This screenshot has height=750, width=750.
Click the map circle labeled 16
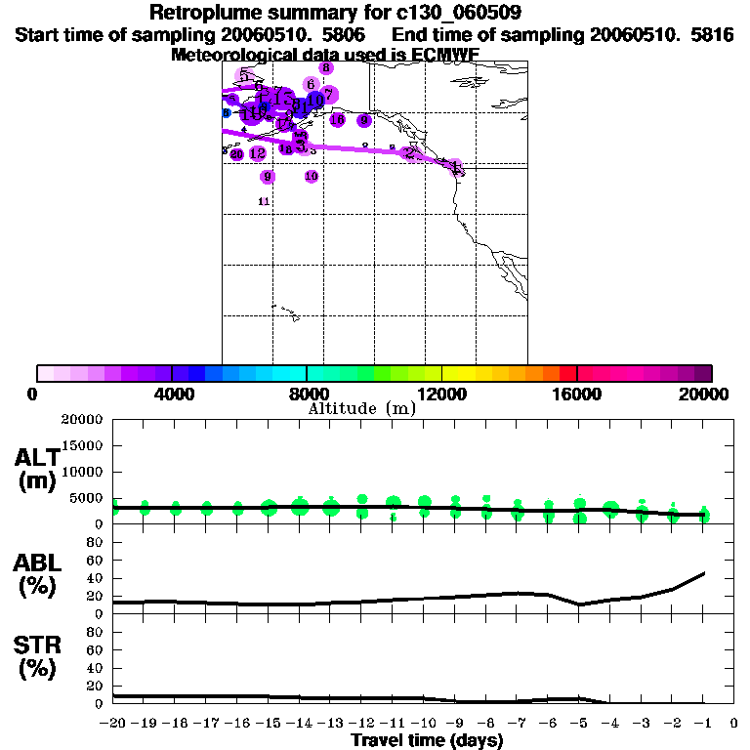(338, 120)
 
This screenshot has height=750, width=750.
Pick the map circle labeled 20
(236, 154)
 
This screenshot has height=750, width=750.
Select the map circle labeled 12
(258, 154)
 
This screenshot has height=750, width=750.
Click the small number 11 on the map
(264, 201)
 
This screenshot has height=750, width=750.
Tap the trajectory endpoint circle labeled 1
(455, 166)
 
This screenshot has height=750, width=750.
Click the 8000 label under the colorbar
(306, 395)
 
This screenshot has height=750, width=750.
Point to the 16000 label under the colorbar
(576, 395)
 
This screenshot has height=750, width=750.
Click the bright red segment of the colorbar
(567, 373)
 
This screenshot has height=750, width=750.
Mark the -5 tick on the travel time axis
(579, 724)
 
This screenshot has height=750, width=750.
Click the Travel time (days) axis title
(427, 740)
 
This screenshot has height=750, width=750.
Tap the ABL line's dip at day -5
(580, 604)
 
